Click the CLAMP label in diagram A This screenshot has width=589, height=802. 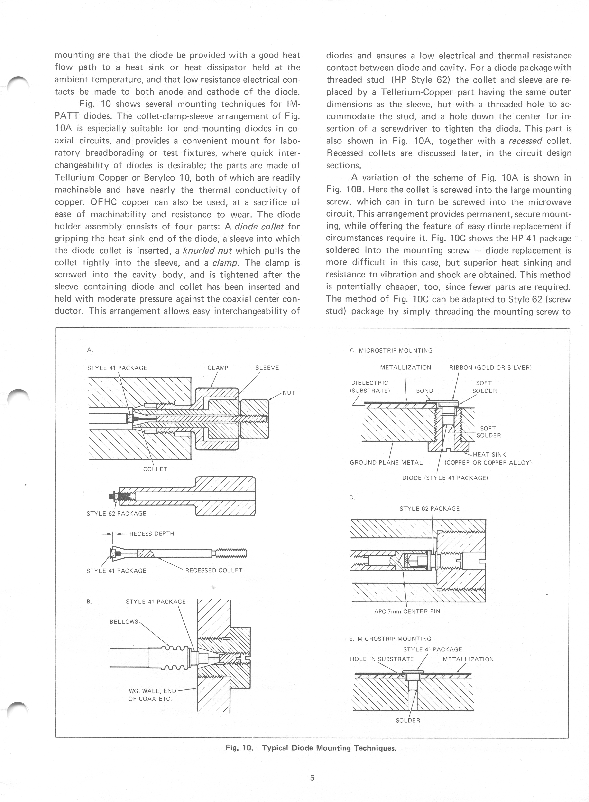218,368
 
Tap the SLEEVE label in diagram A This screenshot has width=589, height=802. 267,368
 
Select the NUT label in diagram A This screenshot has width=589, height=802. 289,393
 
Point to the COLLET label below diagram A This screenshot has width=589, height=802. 155,469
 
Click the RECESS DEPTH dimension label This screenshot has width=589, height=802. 152,534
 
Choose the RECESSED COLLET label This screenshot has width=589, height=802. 213,570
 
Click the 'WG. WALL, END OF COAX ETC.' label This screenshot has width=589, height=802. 152,695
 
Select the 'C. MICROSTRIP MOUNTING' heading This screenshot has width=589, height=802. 391,351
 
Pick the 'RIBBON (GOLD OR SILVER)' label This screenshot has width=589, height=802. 490,368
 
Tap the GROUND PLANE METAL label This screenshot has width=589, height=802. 386,463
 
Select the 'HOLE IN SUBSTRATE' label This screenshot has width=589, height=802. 382,659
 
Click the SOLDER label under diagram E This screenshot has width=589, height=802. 408,720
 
